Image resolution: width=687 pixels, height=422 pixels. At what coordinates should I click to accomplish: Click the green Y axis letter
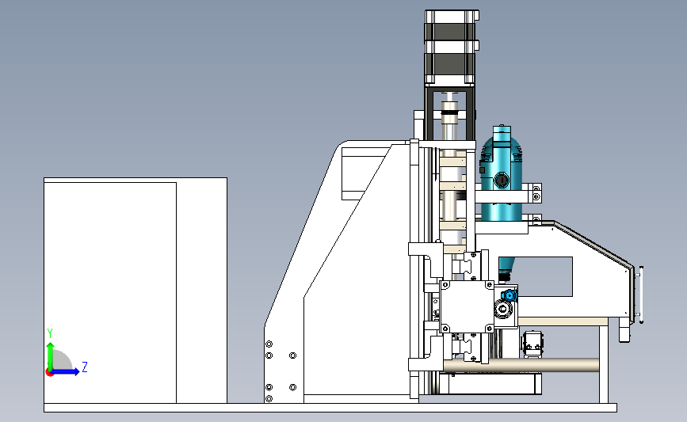pos(49,333)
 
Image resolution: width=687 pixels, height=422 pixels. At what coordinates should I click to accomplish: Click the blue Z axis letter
pos(85,367)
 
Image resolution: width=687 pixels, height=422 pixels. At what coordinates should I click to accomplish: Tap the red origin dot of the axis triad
pos(49,373)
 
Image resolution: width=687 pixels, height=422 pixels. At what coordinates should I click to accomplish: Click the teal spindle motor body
pos(502,175)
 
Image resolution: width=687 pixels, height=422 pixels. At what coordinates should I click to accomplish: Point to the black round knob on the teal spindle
pos(502,180)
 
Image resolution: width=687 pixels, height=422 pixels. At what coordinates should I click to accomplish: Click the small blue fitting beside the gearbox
pos(510,295)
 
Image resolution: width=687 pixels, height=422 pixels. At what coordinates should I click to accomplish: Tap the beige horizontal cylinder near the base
pos(521,365)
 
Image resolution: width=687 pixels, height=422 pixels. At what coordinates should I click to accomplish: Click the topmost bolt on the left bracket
pos(269,344)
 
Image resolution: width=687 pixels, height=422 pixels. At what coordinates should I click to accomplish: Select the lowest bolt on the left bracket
pos(269,398)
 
